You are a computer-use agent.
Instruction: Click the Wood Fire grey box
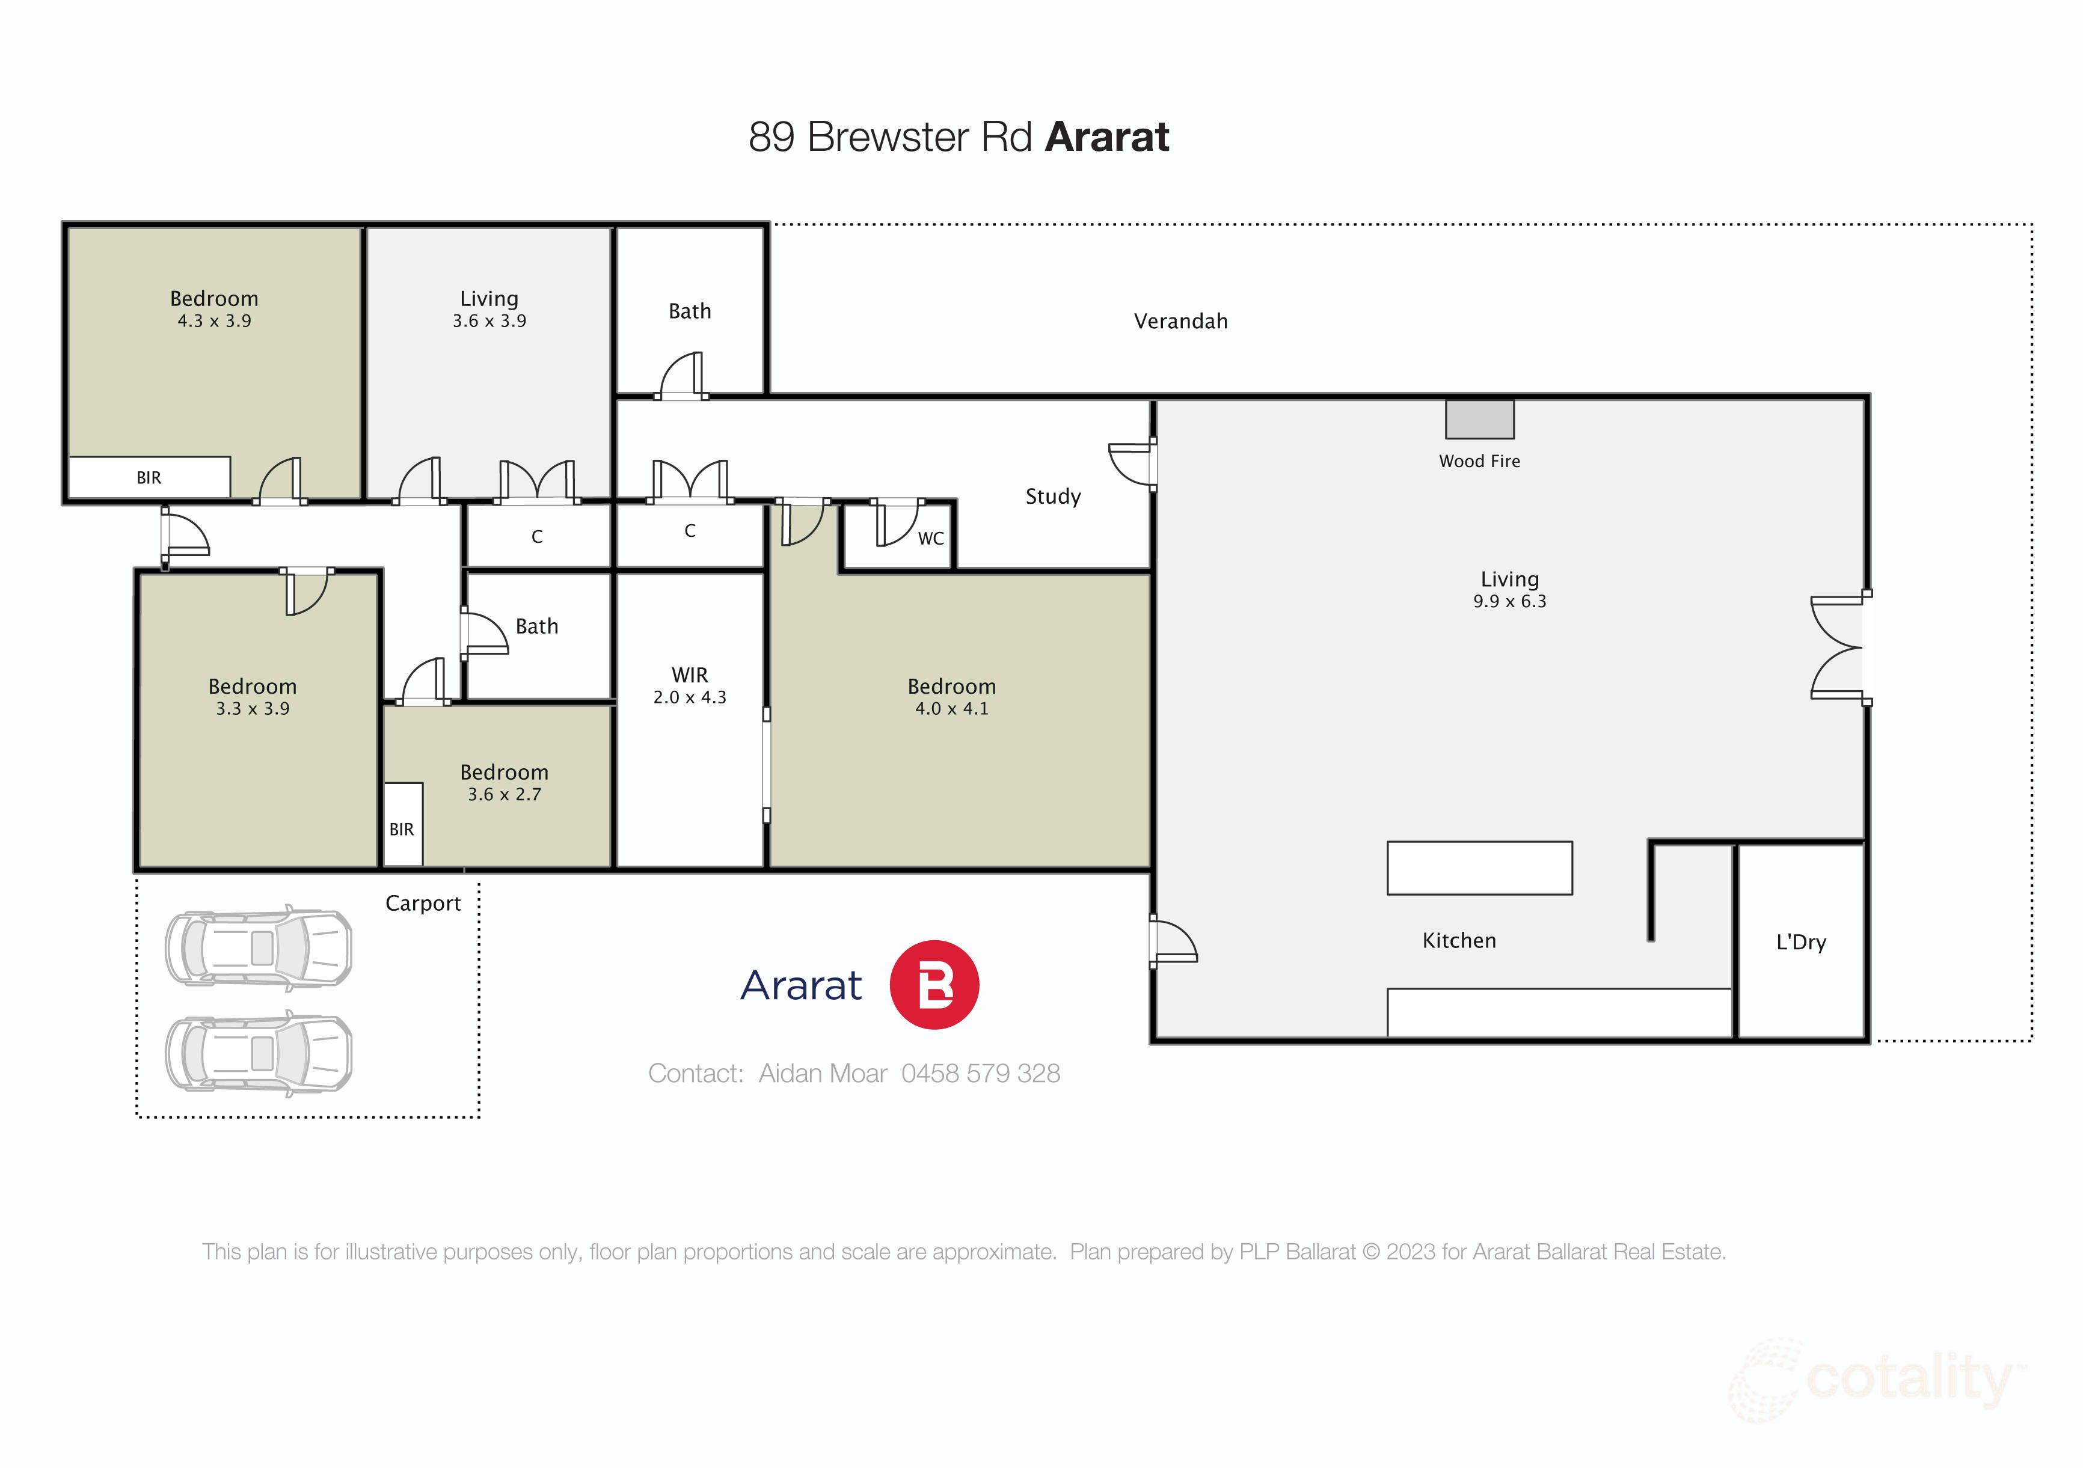coord(1479,420)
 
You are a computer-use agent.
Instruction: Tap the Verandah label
coord(1180,321)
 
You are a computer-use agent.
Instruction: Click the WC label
coord(931,539)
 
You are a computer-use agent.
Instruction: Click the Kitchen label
coord(1459,940)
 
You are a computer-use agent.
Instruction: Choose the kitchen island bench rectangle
coord(1479,867)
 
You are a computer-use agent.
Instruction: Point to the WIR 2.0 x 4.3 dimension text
coord(690,697)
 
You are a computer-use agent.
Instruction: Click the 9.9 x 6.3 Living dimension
coord(1509,601)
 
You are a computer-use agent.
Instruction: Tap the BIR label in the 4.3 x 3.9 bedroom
coord(149,478)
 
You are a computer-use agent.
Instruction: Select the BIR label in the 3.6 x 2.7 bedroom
coord(402,830)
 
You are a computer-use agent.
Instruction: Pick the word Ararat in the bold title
coord(1107,137)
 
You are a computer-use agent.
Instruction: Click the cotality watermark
coord(1905,1380)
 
